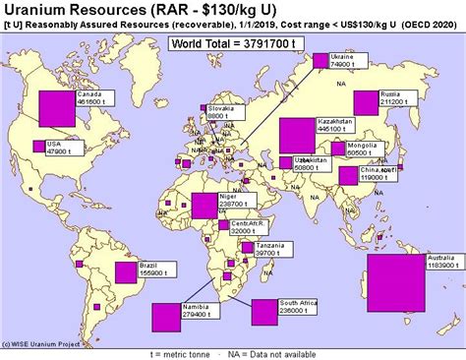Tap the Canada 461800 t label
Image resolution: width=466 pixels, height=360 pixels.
point(90,96)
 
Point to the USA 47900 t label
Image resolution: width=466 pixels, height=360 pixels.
point(60,148)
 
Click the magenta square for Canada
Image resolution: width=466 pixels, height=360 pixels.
point(56,107)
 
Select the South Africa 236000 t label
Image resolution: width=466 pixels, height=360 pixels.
point(296,306)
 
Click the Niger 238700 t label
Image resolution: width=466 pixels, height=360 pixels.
point(236,199)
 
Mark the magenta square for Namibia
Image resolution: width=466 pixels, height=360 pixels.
point(166,317)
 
